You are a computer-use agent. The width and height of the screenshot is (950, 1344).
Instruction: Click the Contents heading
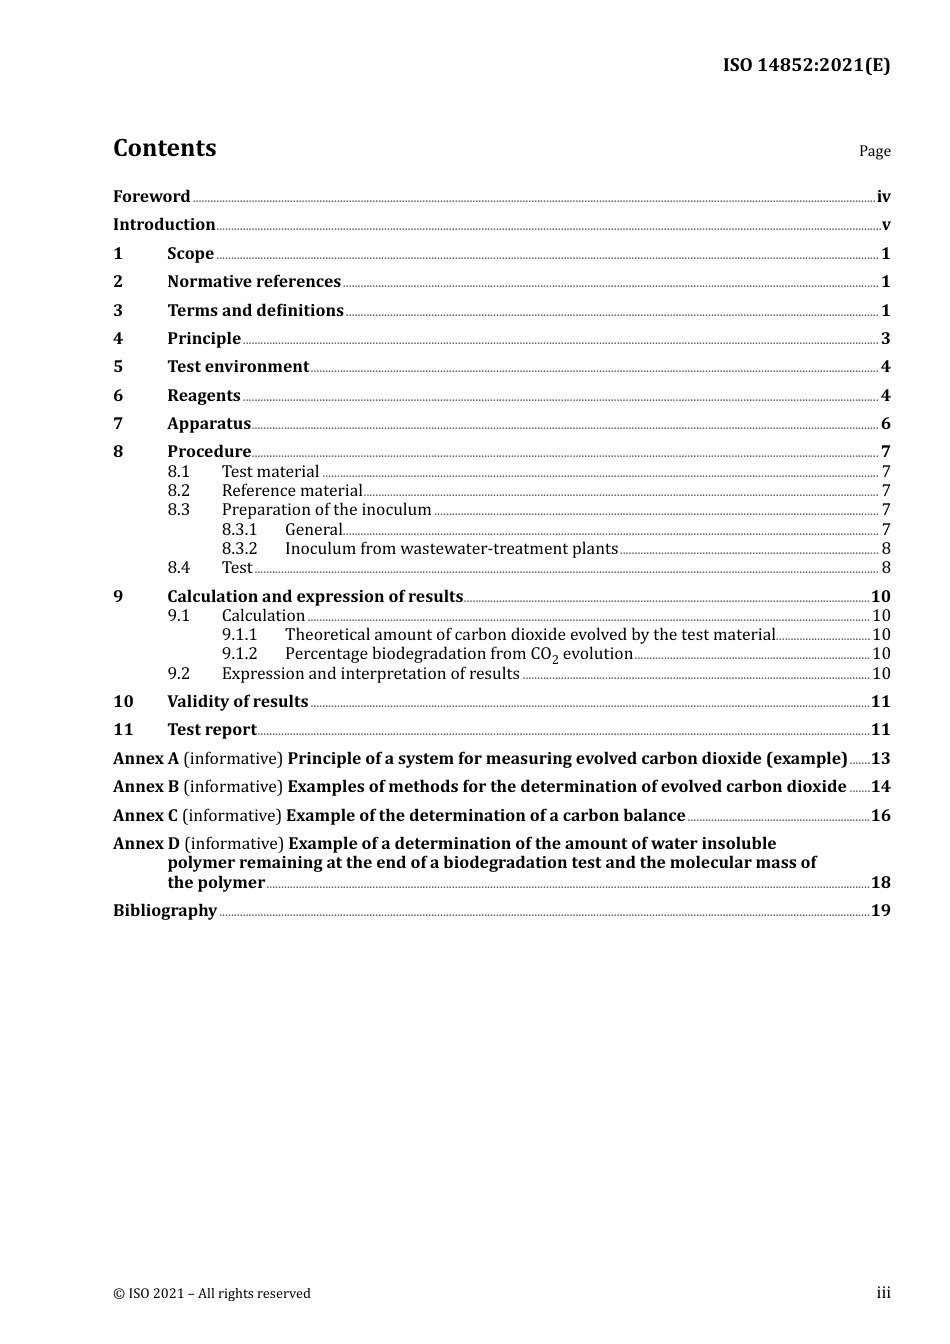(x=164, y=148)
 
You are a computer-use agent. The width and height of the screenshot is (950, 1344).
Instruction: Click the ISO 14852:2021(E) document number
(x=806, y=66)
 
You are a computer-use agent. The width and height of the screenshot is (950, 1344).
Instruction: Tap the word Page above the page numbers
(x=874, y=151)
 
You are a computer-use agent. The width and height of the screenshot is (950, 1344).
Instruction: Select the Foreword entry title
(x=151, y=197)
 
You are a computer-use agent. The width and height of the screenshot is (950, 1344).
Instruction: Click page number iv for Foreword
(x=883, y=197)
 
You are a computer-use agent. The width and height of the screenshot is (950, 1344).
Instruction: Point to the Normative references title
(x=254, y=282)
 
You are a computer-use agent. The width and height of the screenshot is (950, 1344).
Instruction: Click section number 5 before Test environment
(x=118, y=367)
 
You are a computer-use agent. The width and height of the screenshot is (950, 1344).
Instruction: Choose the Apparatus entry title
(x=209, y=424)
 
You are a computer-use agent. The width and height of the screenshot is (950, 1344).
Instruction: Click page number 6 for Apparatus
(x=885, y=424)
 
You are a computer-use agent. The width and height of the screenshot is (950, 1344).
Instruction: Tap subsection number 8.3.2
(x=239, y=549)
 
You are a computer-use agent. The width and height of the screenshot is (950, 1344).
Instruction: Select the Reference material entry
(x=292, y=491)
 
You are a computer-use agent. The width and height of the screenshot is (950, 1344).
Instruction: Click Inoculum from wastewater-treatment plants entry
(x=451, y=549)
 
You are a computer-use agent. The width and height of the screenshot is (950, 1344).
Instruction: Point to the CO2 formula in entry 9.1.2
(x=544, y=655)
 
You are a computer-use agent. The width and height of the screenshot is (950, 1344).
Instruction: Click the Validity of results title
(x=237, y=702)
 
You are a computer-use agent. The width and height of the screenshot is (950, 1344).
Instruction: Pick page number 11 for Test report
(x=880, y=730)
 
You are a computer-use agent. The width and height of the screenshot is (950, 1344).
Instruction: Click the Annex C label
(x=145, y=816)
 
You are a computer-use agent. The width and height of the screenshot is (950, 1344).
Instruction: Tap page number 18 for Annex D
(x=880, y=883)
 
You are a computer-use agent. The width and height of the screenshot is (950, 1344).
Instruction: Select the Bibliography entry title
(x=165, y=911)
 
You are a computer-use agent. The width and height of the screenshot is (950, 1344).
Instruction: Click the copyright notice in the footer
(x=212, y=1294)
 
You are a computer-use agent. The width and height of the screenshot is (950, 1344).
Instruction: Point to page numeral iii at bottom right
(x=883, y=1293)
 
